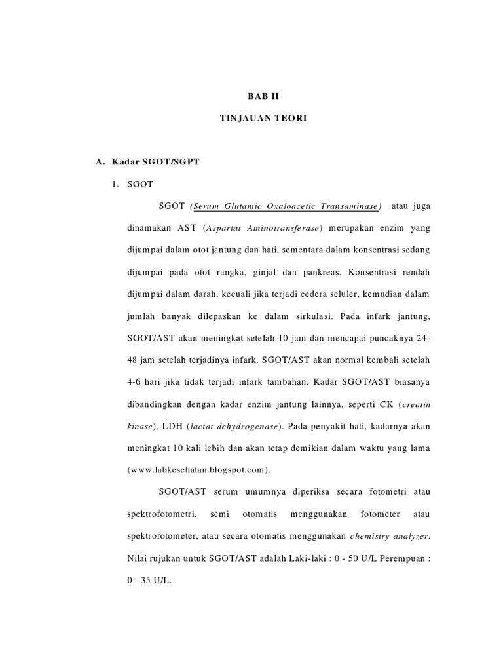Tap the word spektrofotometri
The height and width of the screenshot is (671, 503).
pos(156,514)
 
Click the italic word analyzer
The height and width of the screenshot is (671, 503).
pos(410,537)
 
